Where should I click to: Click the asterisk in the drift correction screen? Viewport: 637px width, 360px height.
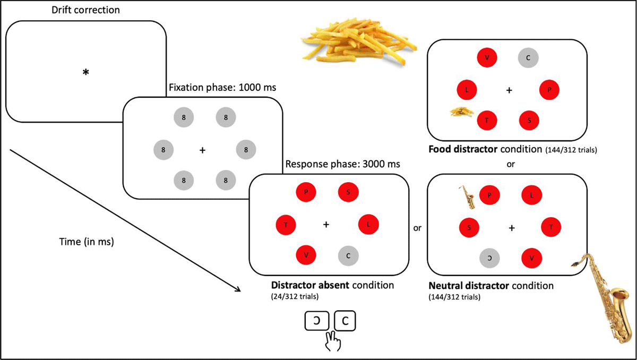point(85,73)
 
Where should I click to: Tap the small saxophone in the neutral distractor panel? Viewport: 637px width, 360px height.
point(466,197)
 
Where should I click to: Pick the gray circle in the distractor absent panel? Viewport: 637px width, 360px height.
point(348,255)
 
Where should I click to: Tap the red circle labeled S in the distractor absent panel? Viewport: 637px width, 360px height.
point(348,192)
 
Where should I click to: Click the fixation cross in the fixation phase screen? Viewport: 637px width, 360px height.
point(202,151)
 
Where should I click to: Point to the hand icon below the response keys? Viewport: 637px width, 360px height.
point(333,340)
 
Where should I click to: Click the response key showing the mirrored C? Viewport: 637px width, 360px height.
point(316,321)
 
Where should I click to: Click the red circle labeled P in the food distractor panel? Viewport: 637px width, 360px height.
point(549,91)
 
